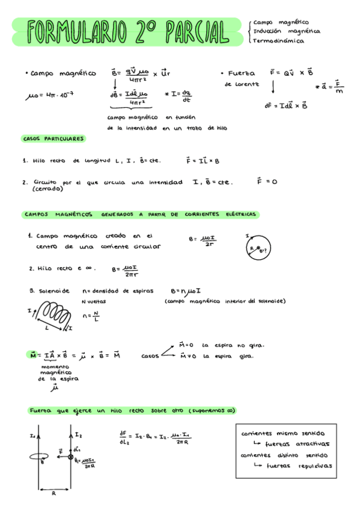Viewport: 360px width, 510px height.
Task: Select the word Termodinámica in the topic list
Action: (278, 41)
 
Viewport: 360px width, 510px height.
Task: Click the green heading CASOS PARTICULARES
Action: (53, 138)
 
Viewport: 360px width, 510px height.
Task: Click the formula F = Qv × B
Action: (291, 72)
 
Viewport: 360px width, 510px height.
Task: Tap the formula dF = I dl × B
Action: (286, 105)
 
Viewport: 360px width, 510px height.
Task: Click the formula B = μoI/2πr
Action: (126, 271)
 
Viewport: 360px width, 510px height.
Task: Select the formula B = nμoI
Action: (186, 290)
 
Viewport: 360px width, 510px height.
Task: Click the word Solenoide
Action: (54, 290)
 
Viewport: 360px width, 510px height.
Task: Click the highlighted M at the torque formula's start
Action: (34, 355)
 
